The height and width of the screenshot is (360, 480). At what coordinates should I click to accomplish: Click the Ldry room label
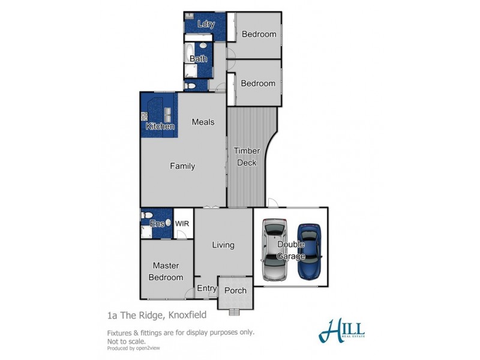[206, 25]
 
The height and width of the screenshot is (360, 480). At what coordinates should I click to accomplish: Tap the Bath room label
[199, 59]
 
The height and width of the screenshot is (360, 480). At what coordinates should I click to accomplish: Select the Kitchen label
[160, 127]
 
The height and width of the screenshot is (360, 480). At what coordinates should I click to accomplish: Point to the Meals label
[203, 122]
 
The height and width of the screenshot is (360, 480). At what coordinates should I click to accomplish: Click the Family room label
[182, 166]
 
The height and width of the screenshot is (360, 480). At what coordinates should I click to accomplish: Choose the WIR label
[182, 222]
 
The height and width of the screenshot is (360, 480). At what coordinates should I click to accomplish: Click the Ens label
[157, 223]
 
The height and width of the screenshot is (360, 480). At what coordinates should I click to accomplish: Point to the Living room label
[223, 245]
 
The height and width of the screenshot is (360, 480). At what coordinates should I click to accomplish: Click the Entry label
[207, 289]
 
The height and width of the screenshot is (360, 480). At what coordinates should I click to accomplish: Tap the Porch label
[235, 290]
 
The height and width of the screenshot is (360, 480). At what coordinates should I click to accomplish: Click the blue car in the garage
[310, 252]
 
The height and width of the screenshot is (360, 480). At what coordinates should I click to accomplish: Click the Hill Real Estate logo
[343, 329]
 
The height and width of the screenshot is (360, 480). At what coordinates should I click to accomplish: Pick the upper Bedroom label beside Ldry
[259, 34]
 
